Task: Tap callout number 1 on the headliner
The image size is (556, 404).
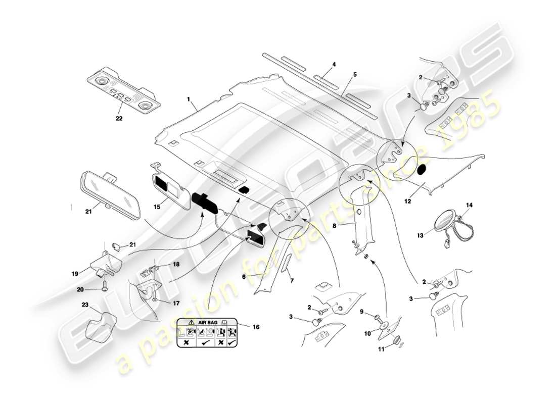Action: tap(188, 100)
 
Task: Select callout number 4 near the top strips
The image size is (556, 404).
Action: tap(334, 65)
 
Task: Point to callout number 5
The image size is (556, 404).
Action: tap(354, 74)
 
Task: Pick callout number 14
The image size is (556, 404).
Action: tap(469, 205)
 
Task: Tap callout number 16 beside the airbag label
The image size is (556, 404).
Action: tap(256, 327)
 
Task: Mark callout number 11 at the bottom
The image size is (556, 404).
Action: tap(382, 348)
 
